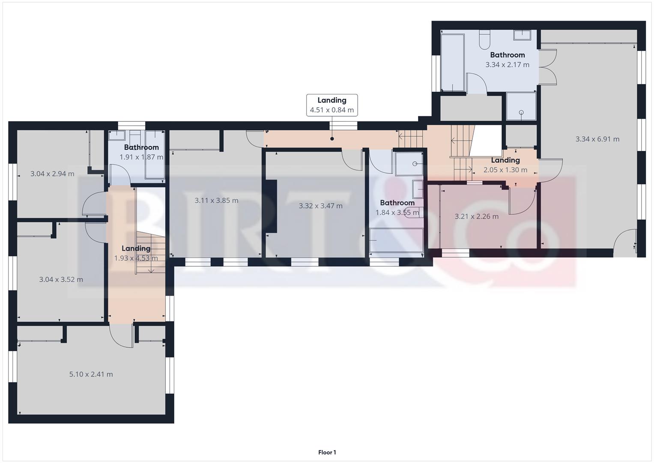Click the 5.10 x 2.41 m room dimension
click(91, 374)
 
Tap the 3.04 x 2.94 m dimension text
click(52, 174)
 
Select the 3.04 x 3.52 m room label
click(61, 280)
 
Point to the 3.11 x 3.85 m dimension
click(216, 200)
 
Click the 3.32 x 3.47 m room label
click(320, 206)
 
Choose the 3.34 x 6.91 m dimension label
click(597, 139)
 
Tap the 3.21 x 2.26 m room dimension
click(476, 216)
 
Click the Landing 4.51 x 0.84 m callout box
click(332, 105)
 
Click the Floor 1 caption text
click(327, 452)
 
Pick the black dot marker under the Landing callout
click(332, 139)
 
